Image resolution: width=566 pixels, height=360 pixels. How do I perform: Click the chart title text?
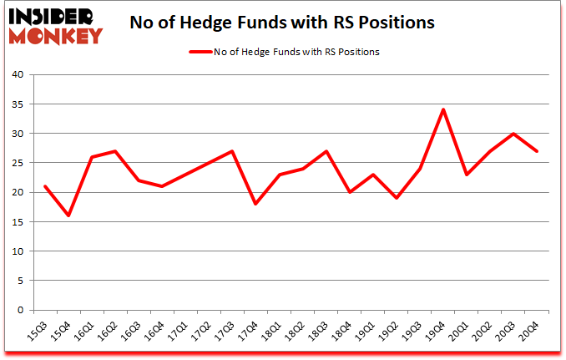pyautogui.click(x=282, y=23)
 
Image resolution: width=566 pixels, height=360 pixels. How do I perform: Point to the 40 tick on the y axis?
pyautogui.click(x=18, y=75)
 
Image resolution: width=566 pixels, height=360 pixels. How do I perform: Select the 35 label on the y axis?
pyautogui.click(x=18, y=104)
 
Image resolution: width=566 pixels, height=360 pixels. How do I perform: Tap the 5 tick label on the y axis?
pyautogui.click(x=22, y=281)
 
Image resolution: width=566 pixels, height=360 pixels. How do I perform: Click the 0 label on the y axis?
pyautogui.click(x=22, y=310)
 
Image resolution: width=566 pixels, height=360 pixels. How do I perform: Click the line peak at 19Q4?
pyautogui.click(x=443, y=109)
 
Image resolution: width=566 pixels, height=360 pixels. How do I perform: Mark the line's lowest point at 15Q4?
pyautogui.click(x=68, y=215)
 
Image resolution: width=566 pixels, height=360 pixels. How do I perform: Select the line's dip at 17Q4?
pyautogui.click(x=255, y=204)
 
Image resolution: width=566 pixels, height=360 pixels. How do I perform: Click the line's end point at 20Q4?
pyautogui.click(x=537, y=151)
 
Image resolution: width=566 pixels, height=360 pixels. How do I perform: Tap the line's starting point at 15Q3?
pyautogui.click(x=45, y=186)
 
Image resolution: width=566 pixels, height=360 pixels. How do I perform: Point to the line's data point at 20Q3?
pyautogui.click(x=513, y=134)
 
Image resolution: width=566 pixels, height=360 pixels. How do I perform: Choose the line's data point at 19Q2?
pyautogui.click(x=397, y=198)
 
